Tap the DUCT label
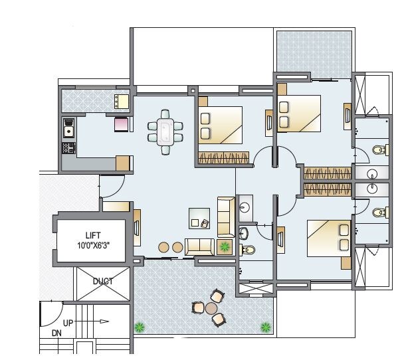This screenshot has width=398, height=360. [104, 282]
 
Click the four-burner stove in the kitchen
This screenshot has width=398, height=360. [68, 148]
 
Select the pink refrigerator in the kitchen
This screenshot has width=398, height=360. [122, 126]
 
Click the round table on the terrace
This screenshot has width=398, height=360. [211, 308]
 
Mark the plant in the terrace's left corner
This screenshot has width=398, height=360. [140, 327]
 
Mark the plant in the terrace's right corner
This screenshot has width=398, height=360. [266, 327]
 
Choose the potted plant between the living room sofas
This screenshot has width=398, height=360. [225, 247]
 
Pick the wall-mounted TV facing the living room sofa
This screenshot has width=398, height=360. [136, 226]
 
